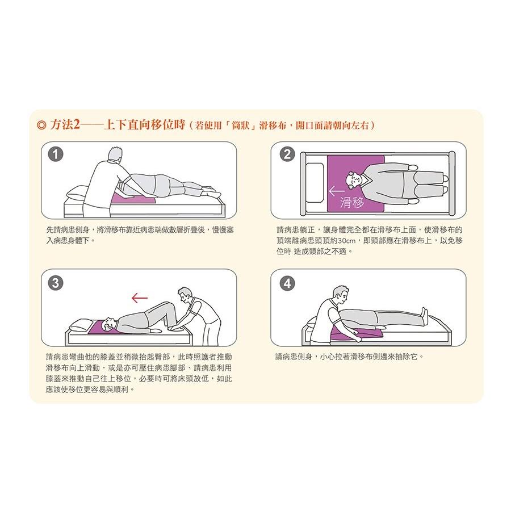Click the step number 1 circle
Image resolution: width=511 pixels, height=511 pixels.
pos(55,154)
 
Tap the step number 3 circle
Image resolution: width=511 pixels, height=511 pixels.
pos(55,283)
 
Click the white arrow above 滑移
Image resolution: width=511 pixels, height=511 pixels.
pos(337,191)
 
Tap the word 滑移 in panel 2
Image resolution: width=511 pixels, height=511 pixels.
pos(352,203)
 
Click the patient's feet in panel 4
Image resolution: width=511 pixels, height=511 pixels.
pos(423,312)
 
